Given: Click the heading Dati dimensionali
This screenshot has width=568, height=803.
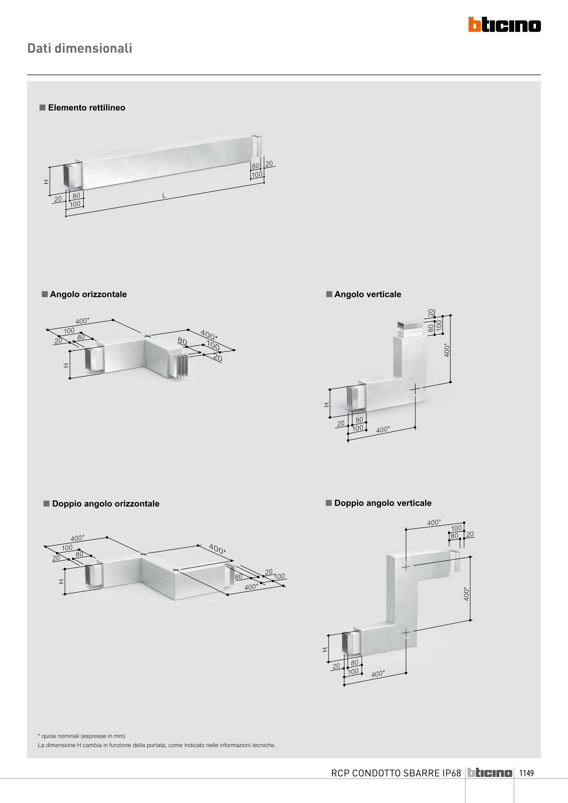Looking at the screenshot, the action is [80, 48].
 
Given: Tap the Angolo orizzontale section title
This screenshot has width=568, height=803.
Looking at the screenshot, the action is [88, 294].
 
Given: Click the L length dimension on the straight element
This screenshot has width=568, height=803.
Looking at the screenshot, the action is [164, 196].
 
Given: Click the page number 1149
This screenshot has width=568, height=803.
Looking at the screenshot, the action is [526, 773].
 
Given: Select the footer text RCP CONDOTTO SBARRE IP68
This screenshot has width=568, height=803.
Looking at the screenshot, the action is [396, 773].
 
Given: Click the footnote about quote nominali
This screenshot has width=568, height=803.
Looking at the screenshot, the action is [81, 736].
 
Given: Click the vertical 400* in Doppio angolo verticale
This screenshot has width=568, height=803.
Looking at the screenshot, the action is [467, 594].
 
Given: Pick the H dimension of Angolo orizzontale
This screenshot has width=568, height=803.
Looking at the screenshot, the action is [66, 365].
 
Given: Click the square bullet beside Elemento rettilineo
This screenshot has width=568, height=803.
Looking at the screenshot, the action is [42, 107].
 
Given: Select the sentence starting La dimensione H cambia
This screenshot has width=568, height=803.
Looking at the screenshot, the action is [157, 745].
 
